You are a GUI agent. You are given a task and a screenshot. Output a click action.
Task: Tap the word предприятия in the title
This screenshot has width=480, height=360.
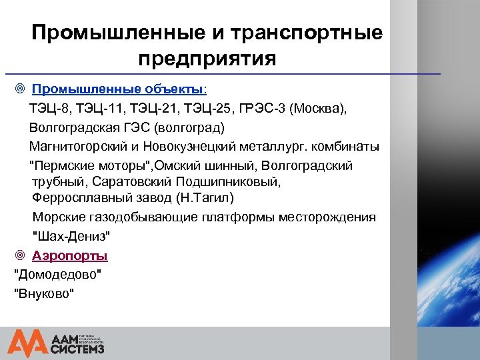pos(207,59)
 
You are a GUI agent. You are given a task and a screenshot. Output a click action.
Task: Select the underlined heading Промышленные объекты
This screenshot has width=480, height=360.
pos(119,89)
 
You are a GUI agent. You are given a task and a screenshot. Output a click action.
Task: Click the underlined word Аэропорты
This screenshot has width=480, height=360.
pos(70,255)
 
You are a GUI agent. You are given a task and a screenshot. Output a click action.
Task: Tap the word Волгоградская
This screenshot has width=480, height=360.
pos(74,127)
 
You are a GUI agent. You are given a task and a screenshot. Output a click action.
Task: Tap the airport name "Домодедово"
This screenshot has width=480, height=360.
pos(58,274)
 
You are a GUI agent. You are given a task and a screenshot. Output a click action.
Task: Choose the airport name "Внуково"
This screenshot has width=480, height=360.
pos(44,293)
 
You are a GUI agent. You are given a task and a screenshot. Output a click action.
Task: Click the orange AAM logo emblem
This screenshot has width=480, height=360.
pos(27,342)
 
